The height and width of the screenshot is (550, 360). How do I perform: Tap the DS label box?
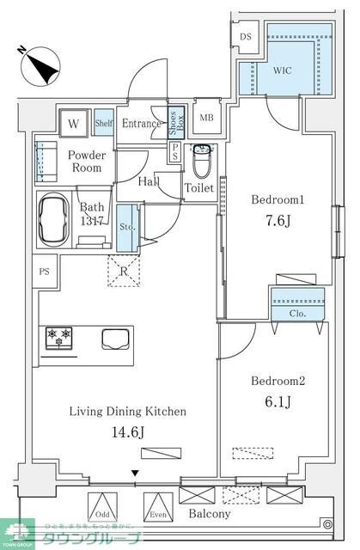point(246,37)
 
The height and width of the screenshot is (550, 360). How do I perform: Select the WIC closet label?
point(283,70)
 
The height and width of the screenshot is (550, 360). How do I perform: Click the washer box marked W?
point(74,124)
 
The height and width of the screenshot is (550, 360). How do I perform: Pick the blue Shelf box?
point(103,124)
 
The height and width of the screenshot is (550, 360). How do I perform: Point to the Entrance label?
point(140,124)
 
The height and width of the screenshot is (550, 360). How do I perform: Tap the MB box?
point(207,118)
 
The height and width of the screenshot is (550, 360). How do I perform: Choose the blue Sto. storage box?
point(127,228)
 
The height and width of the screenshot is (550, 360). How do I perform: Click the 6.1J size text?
point(274,400)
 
